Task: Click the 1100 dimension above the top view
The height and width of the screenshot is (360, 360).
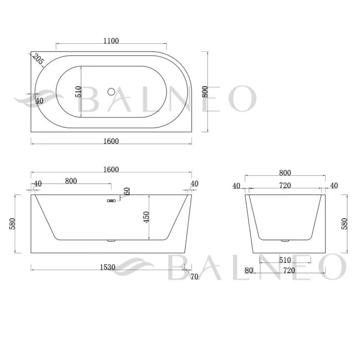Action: pyautogui.click(x=111, y=41)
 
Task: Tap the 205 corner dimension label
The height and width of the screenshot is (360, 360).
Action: pyautogui.click(x=38, y=59)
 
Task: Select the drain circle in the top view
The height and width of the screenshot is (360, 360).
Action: pyautogui.click(x=112, y=92)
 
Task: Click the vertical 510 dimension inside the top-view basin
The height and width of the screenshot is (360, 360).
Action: pyautogui.click(x=79, y=92)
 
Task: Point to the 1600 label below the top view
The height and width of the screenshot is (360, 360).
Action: pyautogui.click(x=111, y=141)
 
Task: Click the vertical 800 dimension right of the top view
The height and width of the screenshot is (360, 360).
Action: pyautogui.click(x=205, y=92)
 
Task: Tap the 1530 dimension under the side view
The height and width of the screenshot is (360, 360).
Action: pyautogui.click(x=107, y=267)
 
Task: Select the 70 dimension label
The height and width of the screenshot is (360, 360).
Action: pyautogui.click(x=194, y=277)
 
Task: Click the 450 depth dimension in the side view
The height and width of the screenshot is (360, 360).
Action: pyautogui.click(x=146, y=217)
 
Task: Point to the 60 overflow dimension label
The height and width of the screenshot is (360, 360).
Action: pyautogui.click(x=127, y=191)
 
